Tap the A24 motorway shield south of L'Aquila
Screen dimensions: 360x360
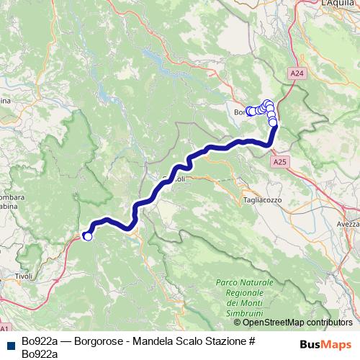(x=298, y=73)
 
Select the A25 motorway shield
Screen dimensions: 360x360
(x=281, y=163)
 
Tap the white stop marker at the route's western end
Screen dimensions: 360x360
(x=88, y=235)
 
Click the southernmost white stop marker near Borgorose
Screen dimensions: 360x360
(x=274, y=123)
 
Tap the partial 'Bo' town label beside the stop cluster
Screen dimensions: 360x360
(x=240, y=112)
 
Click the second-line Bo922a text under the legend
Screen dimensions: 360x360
(x=40, y=353)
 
